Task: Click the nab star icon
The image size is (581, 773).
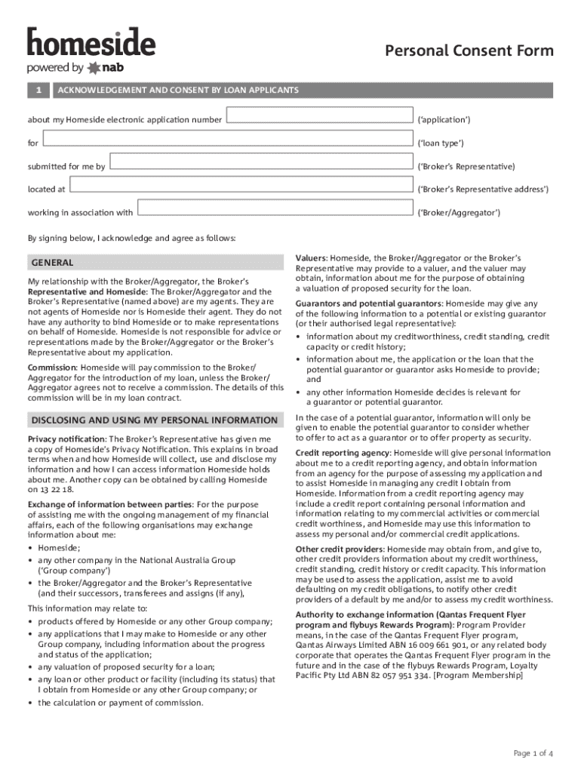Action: [94, 68]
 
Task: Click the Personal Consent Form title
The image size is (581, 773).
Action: [469, 51]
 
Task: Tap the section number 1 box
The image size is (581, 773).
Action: [38, 91]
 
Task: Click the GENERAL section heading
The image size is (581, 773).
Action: [51, 263]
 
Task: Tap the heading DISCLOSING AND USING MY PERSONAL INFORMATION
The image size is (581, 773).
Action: [154, 420]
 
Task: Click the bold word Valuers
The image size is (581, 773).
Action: [311, 258]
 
